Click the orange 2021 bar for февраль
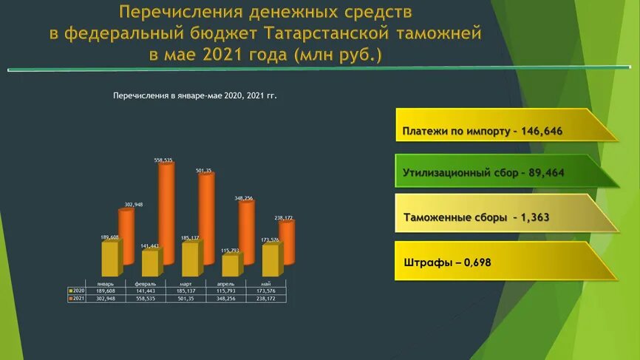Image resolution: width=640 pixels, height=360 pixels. [166, 214]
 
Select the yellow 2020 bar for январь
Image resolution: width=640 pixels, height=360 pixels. [109, 259]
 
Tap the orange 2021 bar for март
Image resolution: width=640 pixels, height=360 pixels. [206, 220]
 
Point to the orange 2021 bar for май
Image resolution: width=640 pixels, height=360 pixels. [286, 244]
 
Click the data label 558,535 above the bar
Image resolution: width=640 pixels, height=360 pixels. [163, 160]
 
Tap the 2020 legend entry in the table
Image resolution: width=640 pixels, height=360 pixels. [77, 291]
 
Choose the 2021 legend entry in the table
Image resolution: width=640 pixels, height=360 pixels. [77, 299]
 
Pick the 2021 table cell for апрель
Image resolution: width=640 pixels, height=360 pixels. [225, 299]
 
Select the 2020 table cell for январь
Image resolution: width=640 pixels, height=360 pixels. [105, 291]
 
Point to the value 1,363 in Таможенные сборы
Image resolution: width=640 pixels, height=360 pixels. [534, 218]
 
